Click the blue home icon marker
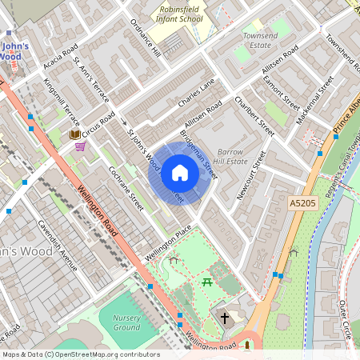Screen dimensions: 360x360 pyautogui.click(x=180, y=173)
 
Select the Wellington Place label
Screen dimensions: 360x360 pyautogui.click(x=169, y=243)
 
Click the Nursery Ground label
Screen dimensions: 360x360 pyautogui.click(x=126, y=322)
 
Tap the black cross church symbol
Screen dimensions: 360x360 pyautogui.click(x=226, y=318)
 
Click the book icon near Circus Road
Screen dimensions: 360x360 pyautogui.click(x=76, y=134)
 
